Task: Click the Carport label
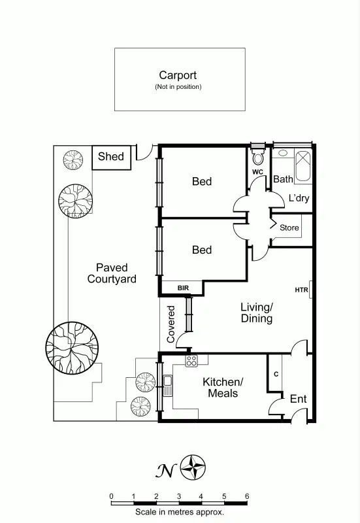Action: click(178, 76)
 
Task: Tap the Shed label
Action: click(110, 157)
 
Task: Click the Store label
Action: click(289, 228)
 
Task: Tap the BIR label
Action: click(183, 288)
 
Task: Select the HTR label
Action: click(301, 290)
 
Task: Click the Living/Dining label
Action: click(256, 312)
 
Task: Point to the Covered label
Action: click(172, 324)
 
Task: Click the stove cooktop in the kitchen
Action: click(192, 360)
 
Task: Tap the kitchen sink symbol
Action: click(168, 385)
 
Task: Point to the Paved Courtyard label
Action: click(112, 273)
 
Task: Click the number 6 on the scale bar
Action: click(247, 496)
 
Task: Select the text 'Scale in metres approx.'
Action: click(180, 513)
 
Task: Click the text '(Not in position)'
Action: click(178, 87)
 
